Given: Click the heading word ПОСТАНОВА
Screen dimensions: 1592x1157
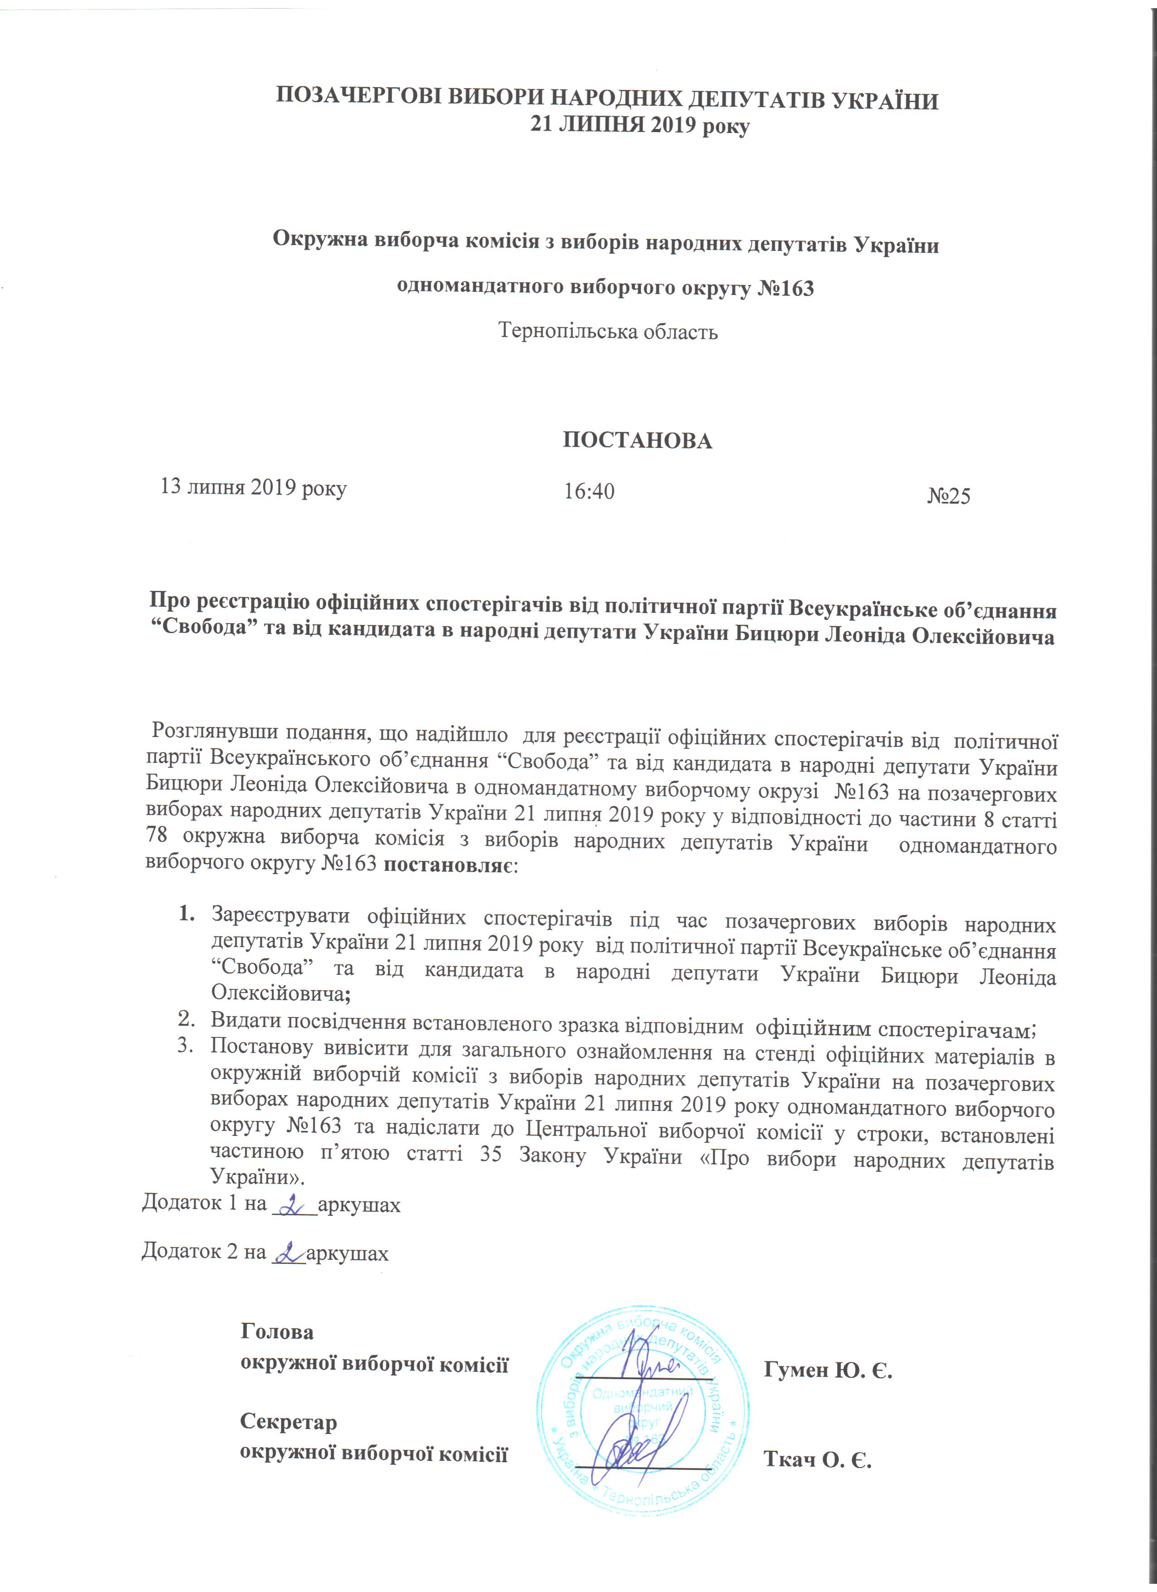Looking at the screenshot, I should [637, 441].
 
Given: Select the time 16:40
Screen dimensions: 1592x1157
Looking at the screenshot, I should [589, 491].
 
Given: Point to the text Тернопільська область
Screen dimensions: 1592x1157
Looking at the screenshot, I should [608, 331].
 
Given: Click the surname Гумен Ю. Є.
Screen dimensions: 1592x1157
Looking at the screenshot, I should [828, 1370].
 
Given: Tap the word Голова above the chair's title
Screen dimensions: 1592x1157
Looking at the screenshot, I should [277, 1332].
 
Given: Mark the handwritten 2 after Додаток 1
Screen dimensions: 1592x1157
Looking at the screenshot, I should [291, 1204].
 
